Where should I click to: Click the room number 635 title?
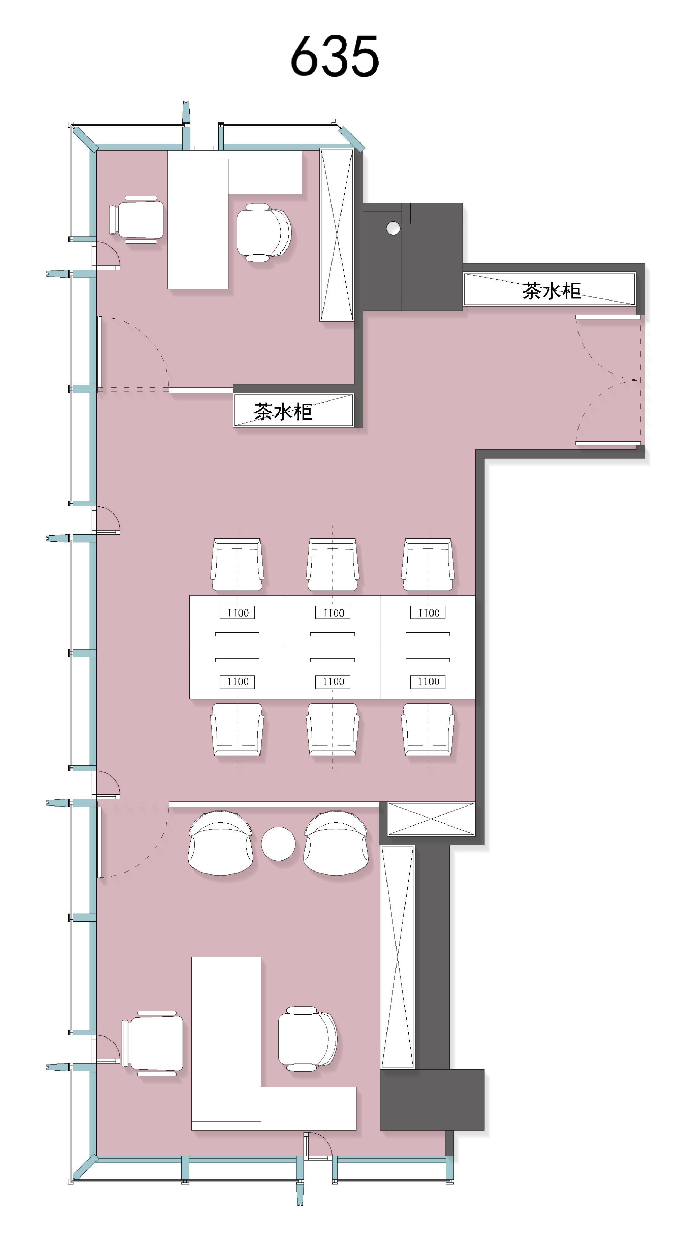point(335,56)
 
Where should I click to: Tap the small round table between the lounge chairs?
point(278,843)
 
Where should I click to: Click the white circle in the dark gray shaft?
point(393,228)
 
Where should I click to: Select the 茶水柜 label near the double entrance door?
point(552,291)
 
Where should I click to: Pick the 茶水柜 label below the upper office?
point(283,411)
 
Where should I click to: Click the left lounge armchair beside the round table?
point(221,842)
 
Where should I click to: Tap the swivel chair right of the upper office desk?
point(264,232)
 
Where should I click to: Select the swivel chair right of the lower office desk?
point(307,1039)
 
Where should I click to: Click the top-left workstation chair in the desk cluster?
point(237,565)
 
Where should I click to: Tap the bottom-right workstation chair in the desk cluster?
point(428,730)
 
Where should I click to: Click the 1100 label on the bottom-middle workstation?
point(333,682)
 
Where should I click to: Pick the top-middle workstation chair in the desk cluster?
point(332,565)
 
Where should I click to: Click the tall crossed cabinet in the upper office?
point(337,235)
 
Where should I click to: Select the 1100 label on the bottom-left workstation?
point(237,682)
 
